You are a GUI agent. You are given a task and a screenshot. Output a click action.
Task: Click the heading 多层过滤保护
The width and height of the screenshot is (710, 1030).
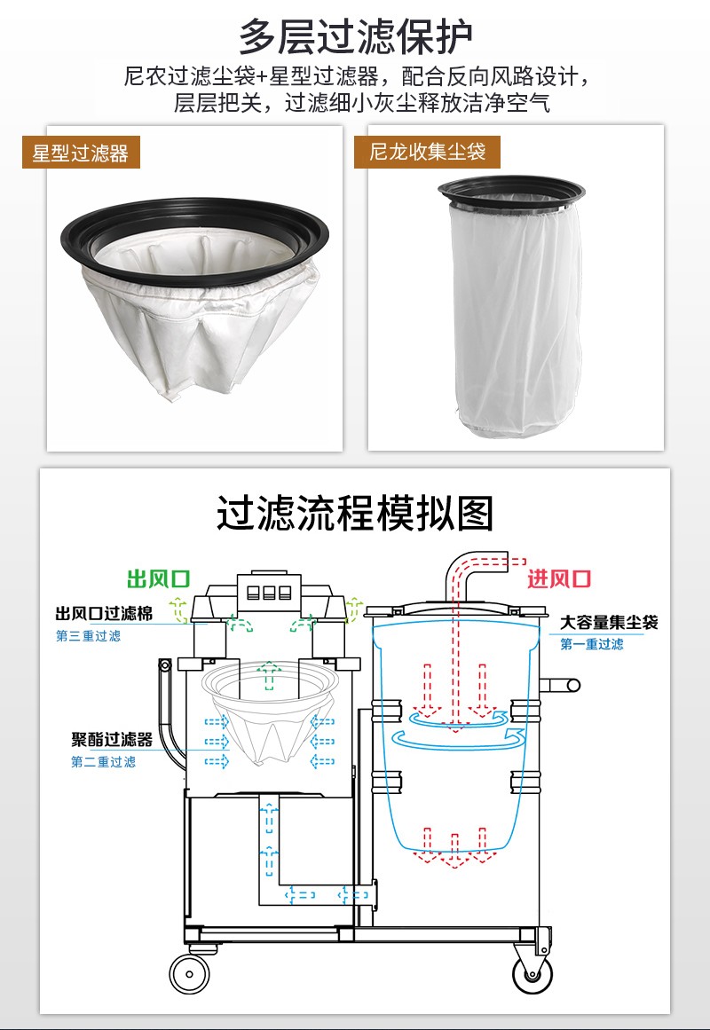tap(355, 36)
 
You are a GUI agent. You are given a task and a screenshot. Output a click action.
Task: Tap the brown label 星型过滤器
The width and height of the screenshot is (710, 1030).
tap(81, 153)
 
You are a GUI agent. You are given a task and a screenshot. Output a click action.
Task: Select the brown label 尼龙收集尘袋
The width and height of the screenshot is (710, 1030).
tap(427, 152)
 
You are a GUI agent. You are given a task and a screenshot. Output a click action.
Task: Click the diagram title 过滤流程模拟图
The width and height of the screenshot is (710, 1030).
tap(355, 513)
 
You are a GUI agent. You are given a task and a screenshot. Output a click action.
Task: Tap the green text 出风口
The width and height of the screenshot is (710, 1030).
tap(159, 578)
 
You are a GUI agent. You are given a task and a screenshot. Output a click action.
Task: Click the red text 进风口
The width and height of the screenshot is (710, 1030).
tap(559, 578)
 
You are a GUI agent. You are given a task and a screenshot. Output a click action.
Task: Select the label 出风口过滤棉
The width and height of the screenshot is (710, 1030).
tap(104, 614)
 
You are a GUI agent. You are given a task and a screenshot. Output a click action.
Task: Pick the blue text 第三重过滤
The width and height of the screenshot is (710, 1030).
tap(88, 636)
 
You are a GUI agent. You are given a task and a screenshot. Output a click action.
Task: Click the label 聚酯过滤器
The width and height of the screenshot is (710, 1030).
tap(112, 740)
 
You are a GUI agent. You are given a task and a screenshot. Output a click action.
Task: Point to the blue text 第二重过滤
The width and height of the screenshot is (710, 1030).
tap(103, 762)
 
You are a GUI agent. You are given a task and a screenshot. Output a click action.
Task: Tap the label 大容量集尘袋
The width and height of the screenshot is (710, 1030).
tap(609, 622)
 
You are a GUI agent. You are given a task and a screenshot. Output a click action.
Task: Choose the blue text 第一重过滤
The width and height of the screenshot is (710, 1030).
tap(592, 644)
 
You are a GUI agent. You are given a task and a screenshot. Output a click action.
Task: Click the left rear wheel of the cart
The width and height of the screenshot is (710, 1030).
tap(189, 973)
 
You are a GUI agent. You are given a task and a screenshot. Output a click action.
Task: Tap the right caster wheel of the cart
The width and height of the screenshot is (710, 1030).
tap(532, 971)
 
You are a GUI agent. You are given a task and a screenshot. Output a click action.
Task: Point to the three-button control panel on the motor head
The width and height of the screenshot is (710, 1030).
tap(268, 593)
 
